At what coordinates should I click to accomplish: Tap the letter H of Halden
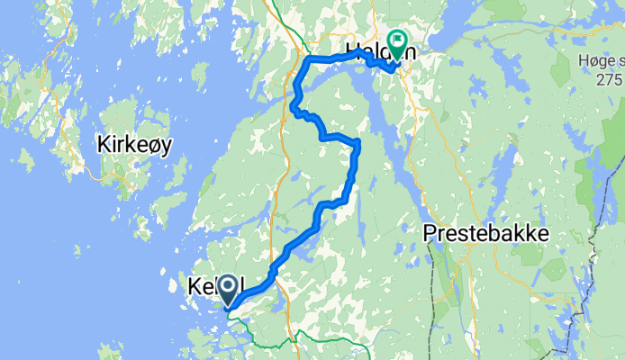coord(351,50)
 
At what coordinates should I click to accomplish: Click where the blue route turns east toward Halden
coord(310,59)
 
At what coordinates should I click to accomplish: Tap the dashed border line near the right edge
coord(594,252)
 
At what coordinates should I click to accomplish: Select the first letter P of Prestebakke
coord(430,232)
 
